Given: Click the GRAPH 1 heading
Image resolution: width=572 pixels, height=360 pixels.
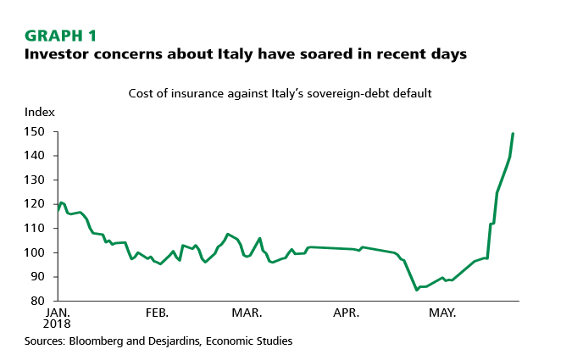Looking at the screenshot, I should pyautogui.click(x=61, y=36).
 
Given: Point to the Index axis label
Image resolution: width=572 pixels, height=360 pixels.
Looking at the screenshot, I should pyautogui.click(x=39, y=113).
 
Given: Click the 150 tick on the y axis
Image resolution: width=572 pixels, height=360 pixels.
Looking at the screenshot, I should pyautogui.click(x=36, y=132).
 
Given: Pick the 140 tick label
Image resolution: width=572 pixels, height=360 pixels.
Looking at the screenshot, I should pyautogui.click(x=36, y=156).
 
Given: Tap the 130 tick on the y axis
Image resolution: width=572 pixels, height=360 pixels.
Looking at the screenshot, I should pyautogui.click(x=36, y=180).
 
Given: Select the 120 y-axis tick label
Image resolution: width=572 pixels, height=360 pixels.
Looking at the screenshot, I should pyautogui.click(x=36, y=204).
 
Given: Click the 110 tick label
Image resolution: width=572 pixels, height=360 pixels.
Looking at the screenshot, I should pyautogui.click(x=36, y=229).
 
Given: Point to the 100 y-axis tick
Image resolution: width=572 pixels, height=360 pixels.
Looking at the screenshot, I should pyautogui.click(x=36, y=252).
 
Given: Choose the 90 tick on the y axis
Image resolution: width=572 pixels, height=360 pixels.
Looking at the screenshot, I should pyautogui.click(x=39, y=277).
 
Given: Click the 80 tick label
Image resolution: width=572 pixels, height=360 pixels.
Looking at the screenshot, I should pyautogui.click(x=39, y=301).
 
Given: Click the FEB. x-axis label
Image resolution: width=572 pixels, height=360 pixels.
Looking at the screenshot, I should pyautogui.click(x=157, y=313).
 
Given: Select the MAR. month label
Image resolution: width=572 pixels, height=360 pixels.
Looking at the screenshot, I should pyautogui.click(x=247, y=313).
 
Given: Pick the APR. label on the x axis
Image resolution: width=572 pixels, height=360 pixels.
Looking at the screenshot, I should pyautogui.click(x=346, y=313).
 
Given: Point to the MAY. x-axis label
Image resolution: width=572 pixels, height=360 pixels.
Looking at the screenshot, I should pyautogui.click(x=441, y=313).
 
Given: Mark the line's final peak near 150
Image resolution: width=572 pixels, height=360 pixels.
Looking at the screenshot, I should pyautogui.click(x=514, y=134).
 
